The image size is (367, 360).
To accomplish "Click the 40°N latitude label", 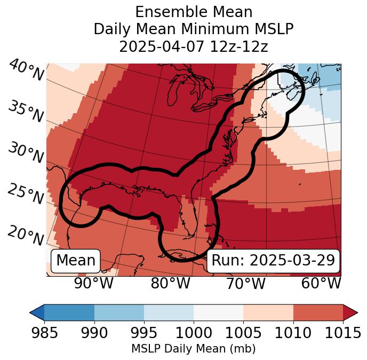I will tap(26, 71).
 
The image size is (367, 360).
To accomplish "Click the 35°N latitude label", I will tap(26, 111).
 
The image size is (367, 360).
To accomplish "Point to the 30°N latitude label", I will tap(26, 153).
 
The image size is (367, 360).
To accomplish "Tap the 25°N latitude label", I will tap(26, 194).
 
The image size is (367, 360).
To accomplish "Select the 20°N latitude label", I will tap(26, 236).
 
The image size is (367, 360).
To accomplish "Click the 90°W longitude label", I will tap(94, 283).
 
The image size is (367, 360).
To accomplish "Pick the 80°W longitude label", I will tap(171, 283).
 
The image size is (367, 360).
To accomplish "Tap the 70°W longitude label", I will tap(246, 283).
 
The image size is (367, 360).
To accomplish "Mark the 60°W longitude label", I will tap(321, 283).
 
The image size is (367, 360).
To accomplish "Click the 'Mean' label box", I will tap(76, 261).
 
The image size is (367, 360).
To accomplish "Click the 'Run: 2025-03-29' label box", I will tap(273, 261).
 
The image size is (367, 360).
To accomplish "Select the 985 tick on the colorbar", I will tap(44, 333).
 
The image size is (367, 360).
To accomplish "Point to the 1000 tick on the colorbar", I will tap(194, 333).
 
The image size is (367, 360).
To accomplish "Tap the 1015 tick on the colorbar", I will tap(343, 333).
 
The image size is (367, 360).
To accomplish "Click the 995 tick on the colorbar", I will tap(144, 333).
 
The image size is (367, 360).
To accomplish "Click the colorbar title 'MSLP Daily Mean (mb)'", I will tap(193, 349).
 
